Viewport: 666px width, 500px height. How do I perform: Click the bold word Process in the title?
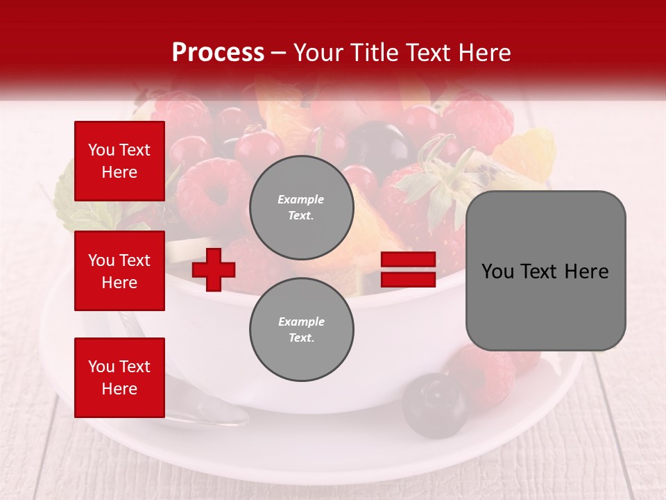[218, 53]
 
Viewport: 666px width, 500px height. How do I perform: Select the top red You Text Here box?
[119, 161]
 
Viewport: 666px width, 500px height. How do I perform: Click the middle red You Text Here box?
[119, 271]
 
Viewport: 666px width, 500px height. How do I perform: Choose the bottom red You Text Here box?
[119, 377]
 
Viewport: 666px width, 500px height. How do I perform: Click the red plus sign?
[214, 269]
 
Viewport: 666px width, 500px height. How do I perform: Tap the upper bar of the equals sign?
[408, 260]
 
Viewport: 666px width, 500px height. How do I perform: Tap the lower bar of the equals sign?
[408, 280]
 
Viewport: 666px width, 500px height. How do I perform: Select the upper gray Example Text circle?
[301, 207]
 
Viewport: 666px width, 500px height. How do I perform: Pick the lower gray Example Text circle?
[301, 329]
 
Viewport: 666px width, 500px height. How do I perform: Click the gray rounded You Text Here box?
[545, 271]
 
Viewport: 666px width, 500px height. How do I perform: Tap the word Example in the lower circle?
[301, 322]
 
